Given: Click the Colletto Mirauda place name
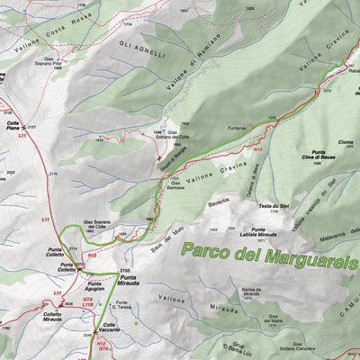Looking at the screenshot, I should point(53,317).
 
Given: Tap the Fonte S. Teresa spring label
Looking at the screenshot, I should point(130,304).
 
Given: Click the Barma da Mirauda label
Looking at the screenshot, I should point(251,291).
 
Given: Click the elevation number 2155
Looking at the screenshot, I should point(125,269).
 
